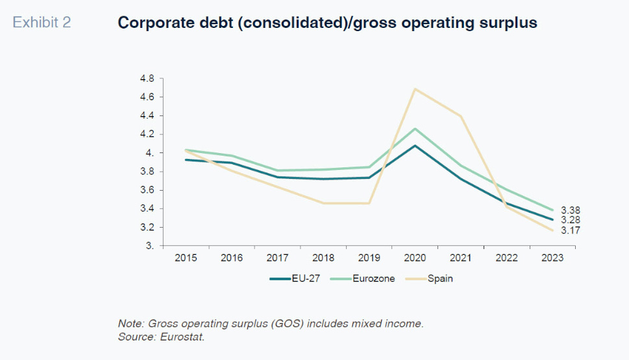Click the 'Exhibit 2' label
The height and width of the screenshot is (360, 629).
(x=42, y=23)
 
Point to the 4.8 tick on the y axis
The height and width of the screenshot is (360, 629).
(x=147, y=78)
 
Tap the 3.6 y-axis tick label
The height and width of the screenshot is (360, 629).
(x=147, y=190)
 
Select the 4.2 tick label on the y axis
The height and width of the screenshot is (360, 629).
(x=147, y=134)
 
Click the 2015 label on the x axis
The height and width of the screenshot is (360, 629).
(x=186, y=258)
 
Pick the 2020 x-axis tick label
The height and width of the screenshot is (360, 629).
(x=415, y=258)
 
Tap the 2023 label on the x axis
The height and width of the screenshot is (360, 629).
(x=552, y=258)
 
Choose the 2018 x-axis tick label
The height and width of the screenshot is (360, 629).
(x=323, y=258)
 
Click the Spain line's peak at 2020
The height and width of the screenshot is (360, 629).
(x=415, y=88)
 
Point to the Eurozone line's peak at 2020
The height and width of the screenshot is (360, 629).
(x=415, y=128)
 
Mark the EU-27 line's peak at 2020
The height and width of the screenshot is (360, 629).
(x=415, y=145)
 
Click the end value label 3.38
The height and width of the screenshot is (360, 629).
(x=570, y=210)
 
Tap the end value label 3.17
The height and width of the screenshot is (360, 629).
(x=570, y=230)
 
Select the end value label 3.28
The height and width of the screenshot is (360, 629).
(x=570, y=220)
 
